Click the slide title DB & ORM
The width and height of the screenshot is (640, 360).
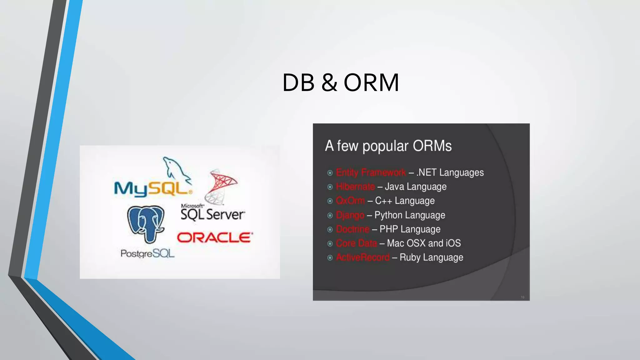point(341,82)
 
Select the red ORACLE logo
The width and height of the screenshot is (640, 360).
point(215,237)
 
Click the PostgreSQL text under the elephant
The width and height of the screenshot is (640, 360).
point(147,253)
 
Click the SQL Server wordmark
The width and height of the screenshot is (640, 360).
point(212,215)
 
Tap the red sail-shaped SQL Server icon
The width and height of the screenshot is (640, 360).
point(220,186)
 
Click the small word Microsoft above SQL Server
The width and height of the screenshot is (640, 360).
point(192,206)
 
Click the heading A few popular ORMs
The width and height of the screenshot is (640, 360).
point(388,146)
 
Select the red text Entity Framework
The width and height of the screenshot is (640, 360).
point(371,172)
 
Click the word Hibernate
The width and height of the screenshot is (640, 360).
point(355,187)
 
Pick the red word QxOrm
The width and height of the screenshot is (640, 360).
point(350,201)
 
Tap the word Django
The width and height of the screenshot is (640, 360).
point(350,215)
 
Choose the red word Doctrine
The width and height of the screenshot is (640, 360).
point(352,229)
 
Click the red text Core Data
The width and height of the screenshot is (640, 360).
point(356,243)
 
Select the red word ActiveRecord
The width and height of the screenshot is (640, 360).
point(363,257)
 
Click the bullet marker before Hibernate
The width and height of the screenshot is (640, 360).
point(330,187)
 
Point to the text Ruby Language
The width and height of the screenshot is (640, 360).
point(431,257)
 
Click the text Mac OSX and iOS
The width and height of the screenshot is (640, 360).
point(424,243)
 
